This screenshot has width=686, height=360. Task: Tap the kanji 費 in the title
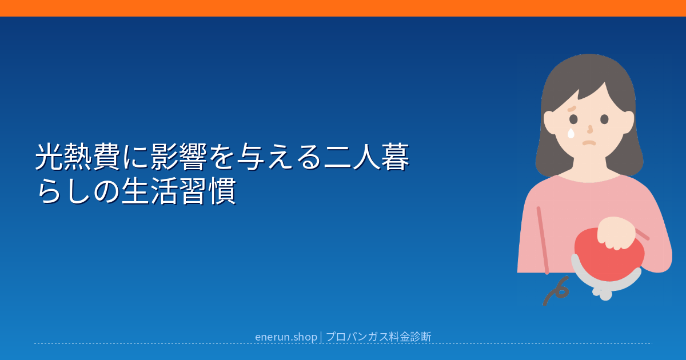pos(106,157)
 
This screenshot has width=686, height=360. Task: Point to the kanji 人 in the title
pos(366,157)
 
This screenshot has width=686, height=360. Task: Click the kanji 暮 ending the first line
pos(395,157)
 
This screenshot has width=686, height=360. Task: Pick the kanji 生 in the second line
pos(135,191)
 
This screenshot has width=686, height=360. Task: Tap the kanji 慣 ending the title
pos(222,191)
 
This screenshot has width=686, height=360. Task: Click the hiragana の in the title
pos(106,191)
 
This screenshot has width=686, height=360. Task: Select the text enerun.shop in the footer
pos(286,337)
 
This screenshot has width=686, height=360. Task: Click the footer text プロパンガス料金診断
pos(378,337)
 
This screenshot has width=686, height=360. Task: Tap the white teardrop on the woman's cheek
pos(571,133)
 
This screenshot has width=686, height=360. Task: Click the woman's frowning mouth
pos(589,143)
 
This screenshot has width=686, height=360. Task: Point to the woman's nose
pos(590,129)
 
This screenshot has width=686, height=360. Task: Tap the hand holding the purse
pos(616,233)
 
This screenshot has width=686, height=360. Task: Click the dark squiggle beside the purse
pos(556,291)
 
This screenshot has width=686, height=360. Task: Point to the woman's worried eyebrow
pos(572,109)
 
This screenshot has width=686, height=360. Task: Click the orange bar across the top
pos(343,8)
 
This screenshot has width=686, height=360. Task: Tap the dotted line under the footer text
pos(343,343)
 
